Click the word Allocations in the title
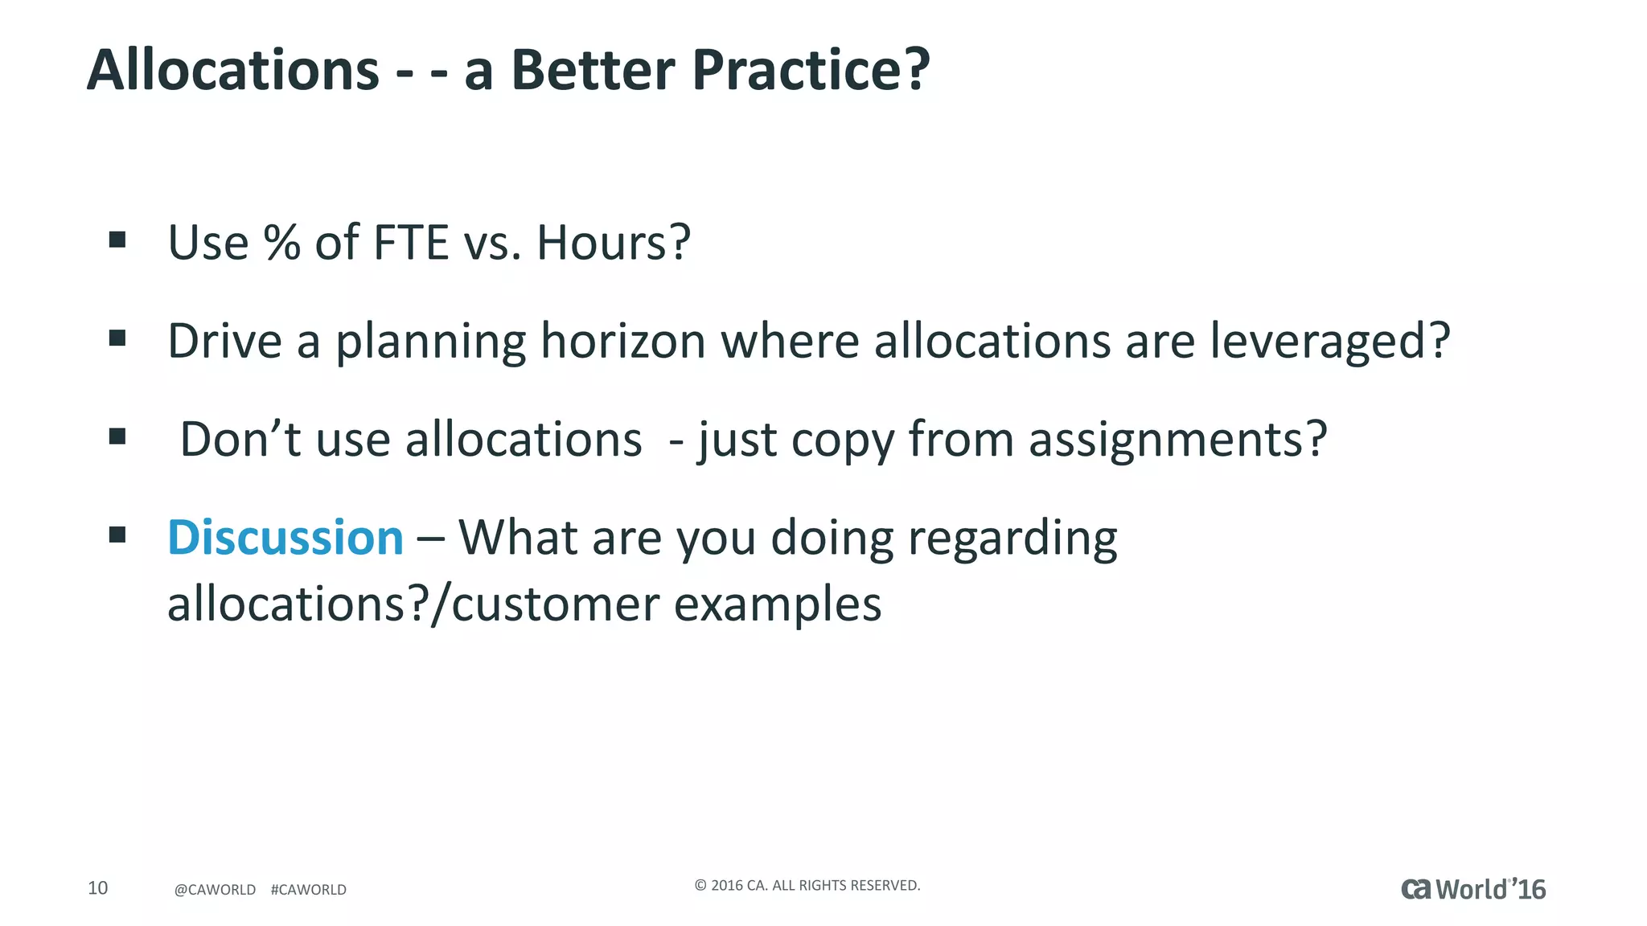pos(232,71)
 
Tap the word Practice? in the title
pos(811,71)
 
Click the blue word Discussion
pos(285,538)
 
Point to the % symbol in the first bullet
pos(281,243)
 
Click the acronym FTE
pos(411,243)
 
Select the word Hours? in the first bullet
pos(613,243)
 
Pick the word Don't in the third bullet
pos(240,440)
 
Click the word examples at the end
pos(777,604)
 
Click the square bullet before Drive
pos(117,338)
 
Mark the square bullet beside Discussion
pos(117,535)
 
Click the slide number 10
pos(97,888)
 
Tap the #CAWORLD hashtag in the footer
pos(308,890)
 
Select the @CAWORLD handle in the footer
pos(215,890)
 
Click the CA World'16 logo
pos(1472,889)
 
